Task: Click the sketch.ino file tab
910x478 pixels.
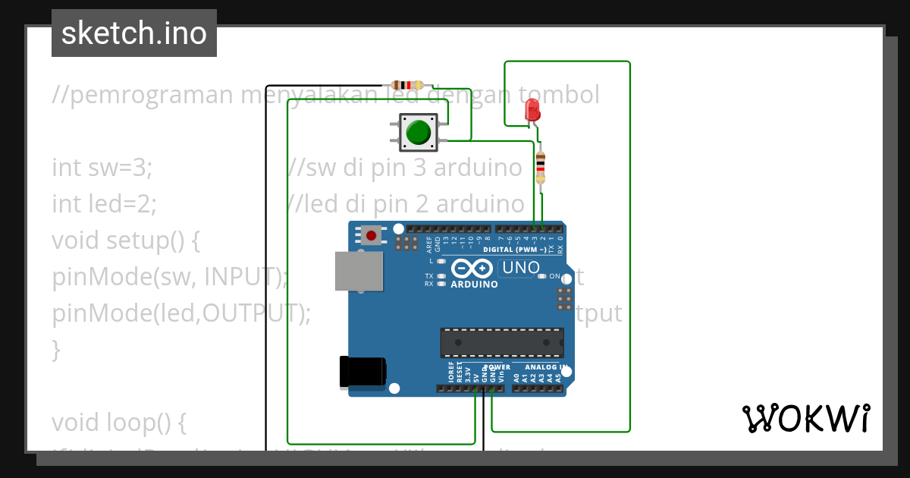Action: (134, 33)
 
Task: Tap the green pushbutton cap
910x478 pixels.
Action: (418, 133)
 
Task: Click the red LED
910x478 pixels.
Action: (532, 112)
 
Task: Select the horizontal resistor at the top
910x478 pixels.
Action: (406, 85)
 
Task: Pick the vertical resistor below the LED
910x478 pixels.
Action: (540, 166)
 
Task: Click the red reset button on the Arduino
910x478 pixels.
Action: (371, 235)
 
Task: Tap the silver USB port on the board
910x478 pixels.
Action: (359, 271)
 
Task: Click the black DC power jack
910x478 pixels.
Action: (362, 372)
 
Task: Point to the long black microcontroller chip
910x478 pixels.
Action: (502, 342)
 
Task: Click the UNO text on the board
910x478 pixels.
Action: (521, 267)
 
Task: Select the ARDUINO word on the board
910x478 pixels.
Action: (475, 285)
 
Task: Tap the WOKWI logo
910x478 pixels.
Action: (805, 418)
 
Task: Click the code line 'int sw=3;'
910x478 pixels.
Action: (102, 167)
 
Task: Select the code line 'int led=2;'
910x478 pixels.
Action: (105, 203)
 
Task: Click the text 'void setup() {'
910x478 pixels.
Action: (126, 240)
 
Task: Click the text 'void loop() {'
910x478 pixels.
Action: (119, 420)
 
